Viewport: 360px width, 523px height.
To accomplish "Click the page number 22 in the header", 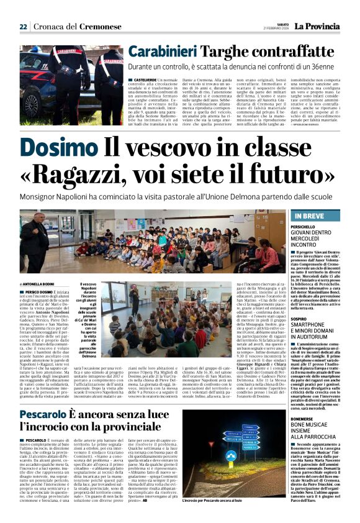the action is [x=24, y=27].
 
